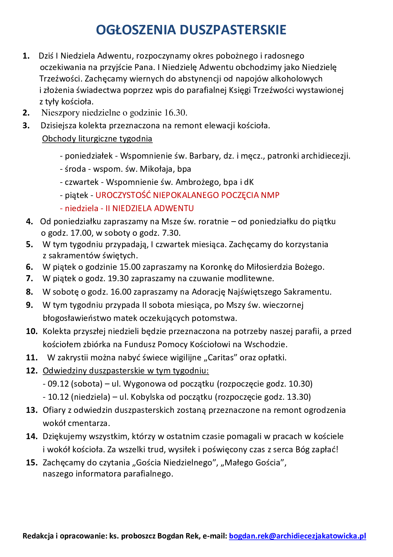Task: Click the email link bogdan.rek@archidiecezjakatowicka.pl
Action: [297, 536]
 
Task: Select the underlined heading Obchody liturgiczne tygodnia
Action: [97, 139]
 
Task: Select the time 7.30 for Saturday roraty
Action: [171, 233]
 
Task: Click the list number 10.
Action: [32, 331]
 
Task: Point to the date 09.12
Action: [58, 384]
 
